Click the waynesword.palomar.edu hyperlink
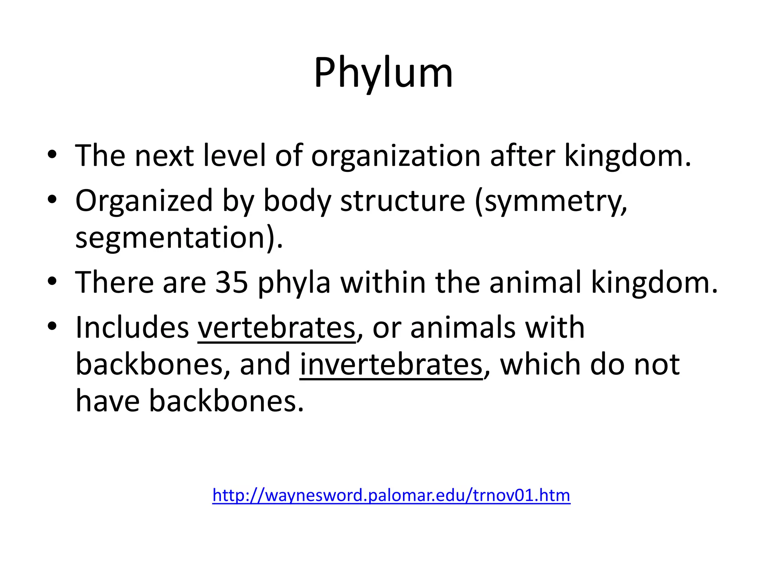391,495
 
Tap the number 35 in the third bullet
231,282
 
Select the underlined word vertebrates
276,328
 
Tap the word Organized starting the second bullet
144,201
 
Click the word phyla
294,283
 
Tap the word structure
402,201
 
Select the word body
297,201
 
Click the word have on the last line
107,401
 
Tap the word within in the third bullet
383,282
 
